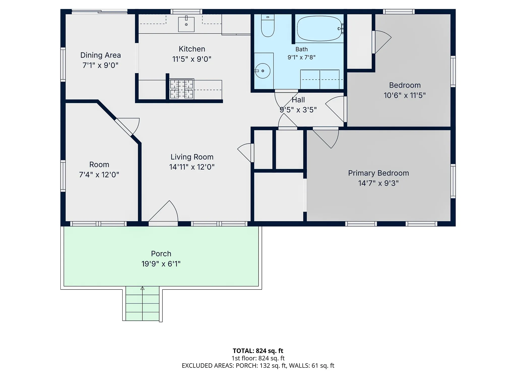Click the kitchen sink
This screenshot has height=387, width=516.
(x=186, y=24)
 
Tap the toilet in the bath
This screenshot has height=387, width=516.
(x=268, y=26)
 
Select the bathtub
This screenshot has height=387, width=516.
(x=319, y=28)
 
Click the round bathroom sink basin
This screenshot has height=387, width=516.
(x=263, y=71)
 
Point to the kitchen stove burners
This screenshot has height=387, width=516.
(x=182, y=89)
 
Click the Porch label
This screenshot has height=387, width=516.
(x=161, y=253)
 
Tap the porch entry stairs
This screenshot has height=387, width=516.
(x=142, y=303)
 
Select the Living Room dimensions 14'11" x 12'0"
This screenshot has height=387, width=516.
(x=192, y=167)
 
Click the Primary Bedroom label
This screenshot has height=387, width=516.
(x=378, y=173)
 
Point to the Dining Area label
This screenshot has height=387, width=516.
(x=101, y=55)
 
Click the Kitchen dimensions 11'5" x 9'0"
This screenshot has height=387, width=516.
(x=192, y=59)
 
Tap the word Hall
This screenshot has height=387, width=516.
(x=298, y=100)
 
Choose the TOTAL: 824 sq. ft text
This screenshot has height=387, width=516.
(x=258, y=351)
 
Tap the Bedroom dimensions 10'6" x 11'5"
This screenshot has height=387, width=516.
(x=405, y=95)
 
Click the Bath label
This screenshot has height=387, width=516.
(x=302, y=49)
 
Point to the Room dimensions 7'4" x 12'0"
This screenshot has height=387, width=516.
(x=99, y=175)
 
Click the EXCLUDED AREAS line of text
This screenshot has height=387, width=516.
(x=258, y=366)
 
